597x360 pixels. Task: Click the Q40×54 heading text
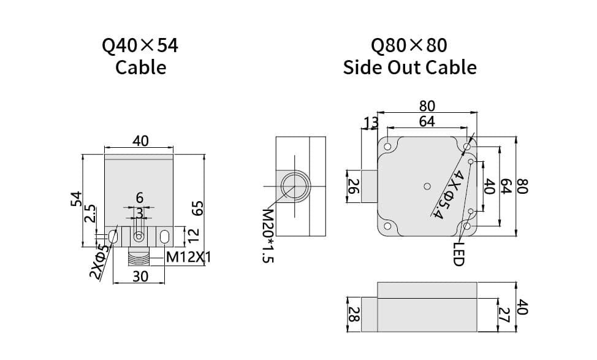(140, 45)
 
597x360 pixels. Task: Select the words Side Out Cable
(409, 67)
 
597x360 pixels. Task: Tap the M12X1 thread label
(189, 258)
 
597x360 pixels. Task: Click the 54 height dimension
(75, 199)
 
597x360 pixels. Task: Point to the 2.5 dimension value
(90, 215)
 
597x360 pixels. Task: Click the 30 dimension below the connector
(140, 277)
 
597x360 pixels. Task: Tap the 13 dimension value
(371, 123)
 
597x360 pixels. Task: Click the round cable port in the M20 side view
(294, 185)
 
